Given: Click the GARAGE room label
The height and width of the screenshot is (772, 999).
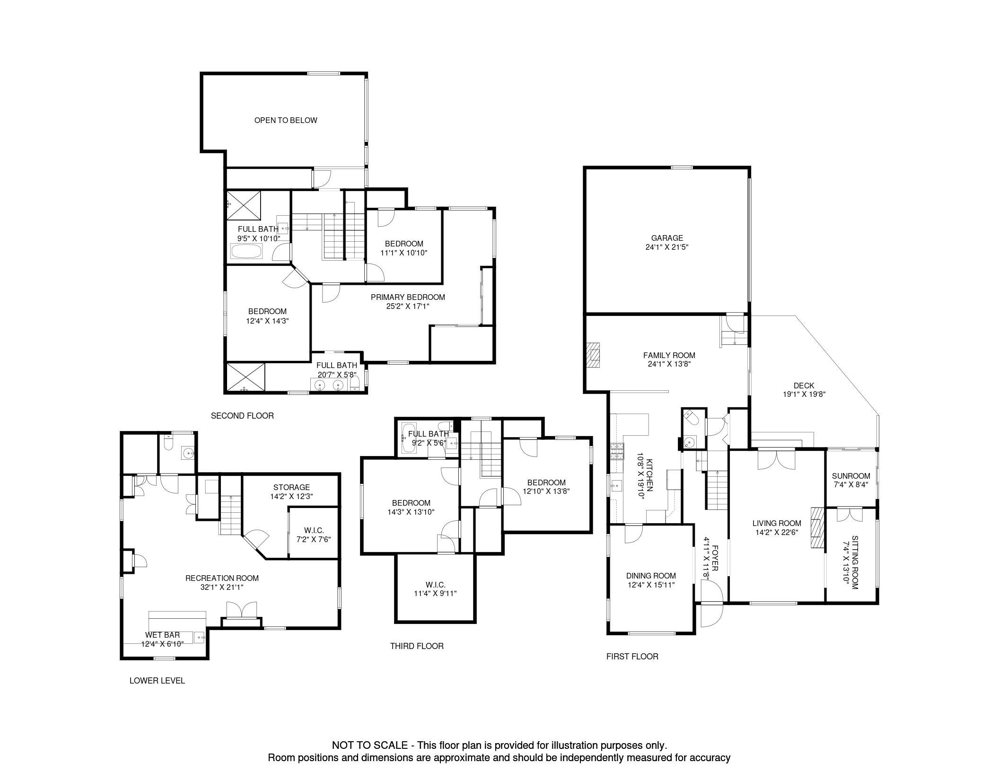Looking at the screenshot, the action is (x=667, y=238).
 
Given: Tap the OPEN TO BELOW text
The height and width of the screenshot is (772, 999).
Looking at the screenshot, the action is (x=286, y=120).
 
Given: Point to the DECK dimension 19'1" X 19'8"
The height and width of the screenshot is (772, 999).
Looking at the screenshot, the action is (x=804, y=394).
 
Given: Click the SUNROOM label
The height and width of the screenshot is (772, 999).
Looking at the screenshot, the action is (x=851, y=476).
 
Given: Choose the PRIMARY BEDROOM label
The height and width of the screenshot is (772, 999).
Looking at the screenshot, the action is (x=408, y=297).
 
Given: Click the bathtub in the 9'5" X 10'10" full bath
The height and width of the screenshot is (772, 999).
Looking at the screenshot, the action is (x=246, y=251).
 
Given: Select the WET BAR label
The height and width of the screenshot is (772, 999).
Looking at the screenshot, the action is (x=162, y=635).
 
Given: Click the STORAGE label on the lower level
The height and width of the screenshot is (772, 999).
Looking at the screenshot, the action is (x=291, y=487).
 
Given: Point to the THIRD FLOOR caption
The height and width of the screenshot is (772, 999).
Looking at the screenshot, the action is (x=417, y=646).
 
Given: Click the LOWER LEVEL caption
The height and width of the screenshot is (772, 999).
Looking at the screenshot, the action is (x=157, y=680).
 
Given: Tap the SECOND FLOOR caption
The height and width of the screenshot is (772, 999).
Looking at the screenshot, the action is (x=242, y=415).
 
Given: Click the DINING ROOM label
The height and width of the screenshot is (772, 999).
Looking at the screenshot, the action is (x=651, y=576).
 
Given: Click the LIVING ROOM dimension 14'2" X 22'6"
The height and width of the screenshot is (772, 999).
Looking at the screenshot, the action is (x=777, y=532).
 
